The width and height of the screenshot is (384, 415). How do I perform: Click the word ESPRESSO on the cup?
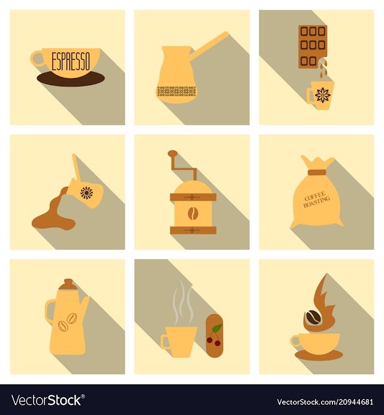point(71,61)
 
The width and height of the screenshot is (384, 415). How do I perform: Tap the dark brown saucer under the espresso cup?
point(71,80)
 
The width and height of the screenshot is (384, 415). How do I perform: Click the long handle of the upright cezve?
point(209,45)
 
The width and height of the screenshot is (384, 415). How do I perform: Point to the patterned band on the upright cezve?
point(176,91)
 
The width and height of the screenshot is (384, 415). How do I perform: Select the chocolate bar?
point(313,47)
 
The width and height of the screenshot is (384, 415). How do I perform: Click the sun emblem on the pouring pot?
point(86,193)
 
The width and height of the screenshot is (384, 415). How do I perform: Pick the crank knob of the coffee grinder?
point(172,153)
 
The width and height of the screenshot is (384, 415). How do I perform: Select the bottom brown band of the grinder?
point(193,230)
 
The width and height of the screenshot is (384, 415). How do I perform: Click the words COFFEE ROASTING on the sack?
point(316,199)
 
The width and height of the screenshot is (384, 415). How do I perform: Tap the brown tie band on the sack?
point(317,172)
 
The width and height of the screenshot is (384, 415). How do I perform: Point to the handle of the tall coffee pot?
point(49,312)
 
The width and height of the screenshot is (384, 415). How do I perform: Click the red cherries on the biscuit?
point(214,341)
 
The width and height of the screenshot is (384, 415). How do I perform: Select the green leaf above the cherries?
point(217,328)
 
